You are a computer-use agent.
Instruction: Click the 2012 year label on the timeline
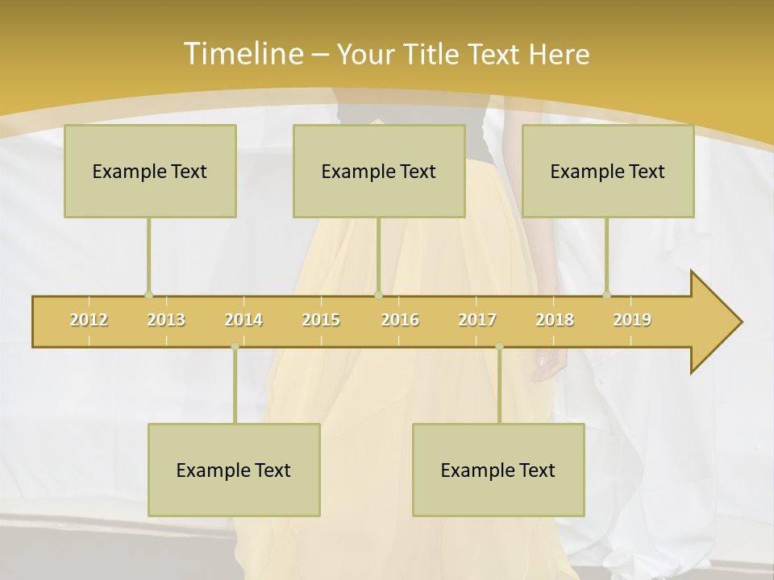89,320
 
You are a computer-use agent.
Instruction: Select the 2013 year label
166,320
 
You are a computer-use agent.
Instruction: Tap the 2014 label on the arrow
243,320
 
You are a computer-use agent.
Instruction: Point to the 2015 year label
321,320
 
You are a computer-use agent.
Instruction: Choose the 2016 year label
399,320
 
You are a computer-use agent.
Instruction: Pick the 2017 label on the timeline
476,320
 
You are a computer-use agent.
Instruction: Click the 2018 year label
555,320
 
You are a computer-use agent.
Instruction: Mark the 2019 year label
632,320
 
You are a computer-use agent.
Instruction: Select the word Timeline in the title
241,54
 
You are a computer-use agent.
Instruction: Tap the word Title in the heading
432,54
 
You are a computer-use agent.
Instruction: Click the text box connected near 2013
150,171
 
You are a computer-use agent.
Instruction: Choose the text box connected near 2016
379,171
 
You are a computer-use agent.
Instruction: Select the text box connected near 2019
608,171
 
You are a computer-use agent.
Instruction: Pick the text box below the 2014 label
234,470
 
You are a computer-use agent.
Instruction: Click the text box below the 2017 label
498,470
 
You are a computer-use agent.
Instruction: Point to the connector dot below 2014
235,346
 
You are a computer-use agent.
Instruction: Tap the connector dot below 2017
499,346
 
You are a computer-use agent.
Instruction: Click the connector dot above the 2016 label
378,295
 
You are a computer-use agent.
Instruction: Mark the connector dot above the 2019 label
607,295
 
